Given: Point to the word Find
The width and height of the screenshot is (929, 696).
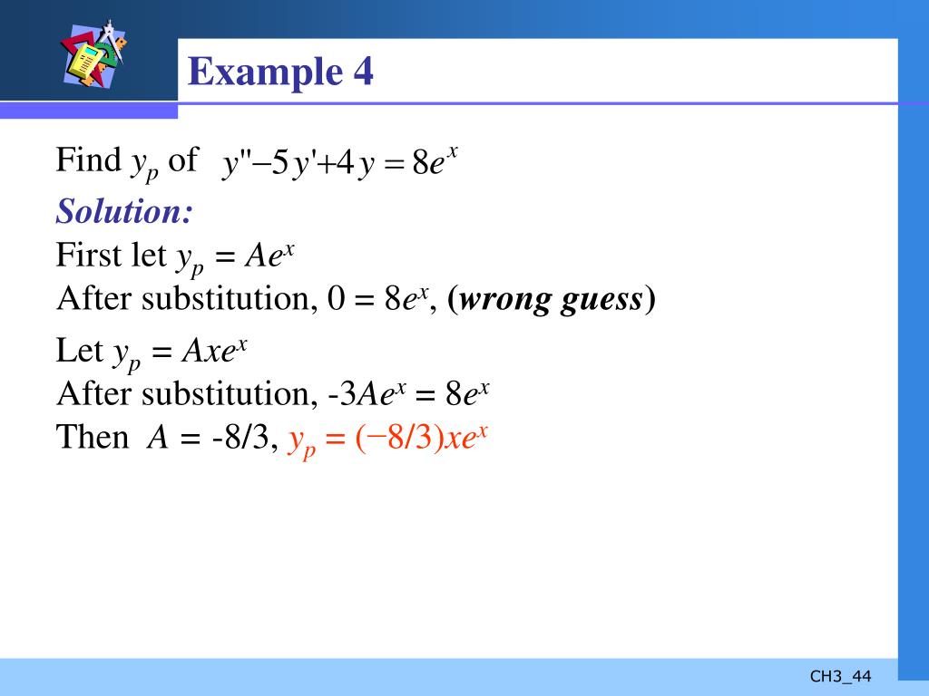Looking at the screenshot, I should [88, 160].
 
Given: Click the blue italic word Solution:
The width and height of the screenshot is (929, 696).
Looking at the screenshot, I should [124, 212].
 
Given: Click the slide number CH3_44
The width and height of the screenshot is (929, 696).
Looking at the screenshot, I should [840, 676].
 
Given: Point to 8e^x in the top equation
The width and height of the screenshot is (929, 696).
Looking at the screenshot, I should [434, 165].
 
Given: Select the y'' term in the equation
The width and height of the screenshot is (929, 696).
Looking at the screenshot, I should [238, 165].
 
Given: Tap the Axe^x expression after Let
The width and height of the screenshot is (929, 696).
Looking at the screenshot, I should [216, 350].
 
